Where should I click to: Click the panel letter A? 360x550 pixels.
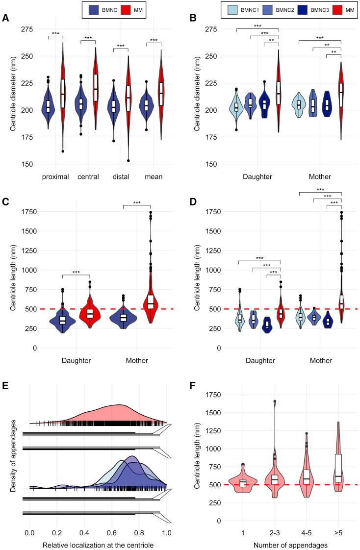(5, 19)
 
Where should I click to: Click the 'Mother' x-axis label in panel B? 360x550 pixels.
(319, 176)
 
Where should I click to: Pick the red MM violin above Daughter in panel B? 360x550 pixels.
(279, 91)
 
